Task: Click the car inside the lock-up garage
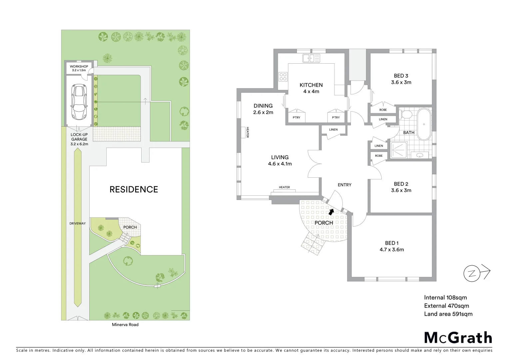79,102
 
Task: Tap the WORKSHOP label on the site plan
79,67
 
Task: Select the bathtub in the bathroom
424,124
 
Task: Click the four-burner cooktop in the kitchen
283,77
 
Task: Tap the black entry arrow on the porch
331,212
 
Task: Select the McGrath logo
458,338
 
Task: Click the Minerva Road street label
125,325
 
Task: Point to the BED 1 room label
391,243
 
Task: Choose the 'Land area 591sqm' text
448,314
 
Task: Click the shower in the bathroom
398,150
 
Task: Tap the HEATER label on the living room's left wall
248,132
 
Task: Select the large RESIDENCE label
134,189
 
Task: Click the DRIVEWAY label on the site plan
78,223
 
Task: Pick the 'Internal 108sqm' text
445,298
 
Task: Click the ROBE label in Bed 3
383,110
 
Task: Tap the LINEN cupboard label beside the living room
333,130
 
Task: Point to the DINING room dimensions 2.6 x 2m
263,113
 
